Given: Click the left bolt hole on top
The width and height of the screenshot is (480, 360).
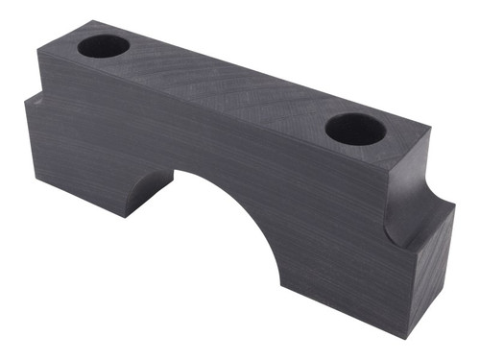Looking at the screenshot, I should (x=103, y=45).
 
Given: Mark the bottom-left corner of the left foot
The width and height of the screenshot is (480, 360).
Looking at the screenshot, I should (x=26, y=180).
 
